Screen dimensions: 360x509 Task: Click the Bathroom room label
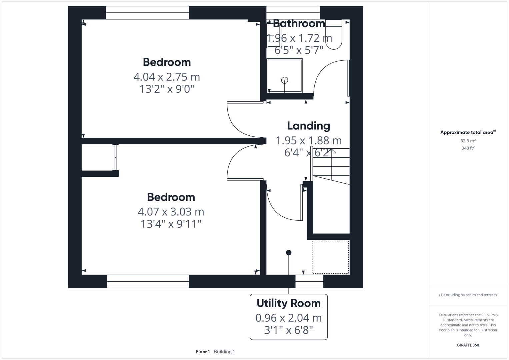tap(299, 24)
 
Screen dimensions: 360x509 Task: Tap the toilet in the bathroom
tap(334, 35)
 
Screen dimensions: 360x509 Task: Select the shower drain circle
tap(284, 80)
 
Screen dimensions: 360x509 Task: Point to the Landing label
tap(309, 126)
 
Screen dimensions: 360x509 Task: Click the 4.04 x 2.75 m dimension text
tap(167, 77)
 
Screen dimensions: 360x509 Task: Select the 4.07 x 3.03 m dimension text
tap(171, 212)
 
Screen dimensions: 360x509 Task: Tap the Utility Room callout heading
tap(288, 303)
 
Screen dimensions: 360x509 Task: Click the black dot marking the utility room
tap(289, 253)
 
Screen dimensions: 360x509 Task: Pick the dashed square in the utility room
tap(331, 257)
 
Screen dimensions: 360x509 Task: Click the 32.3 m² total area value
tap(468, 141)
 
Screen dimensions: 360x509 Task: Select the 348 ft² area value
tap(468, 148)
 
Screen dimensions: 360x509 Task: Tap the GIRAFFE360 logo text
tap(468, 345)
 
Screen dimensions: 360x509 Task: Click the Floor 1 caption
tap(203, 352)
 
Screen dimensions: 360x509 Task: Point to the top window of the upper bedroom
tap(147, 13)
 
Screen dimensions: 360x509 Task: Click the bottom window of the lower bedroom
tap(148, 281)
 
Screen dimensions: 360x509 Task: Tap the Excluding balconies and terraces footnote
tap(468, 295)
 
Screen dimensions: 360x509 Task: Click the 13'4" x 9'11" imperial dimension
tap(171, 224)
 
